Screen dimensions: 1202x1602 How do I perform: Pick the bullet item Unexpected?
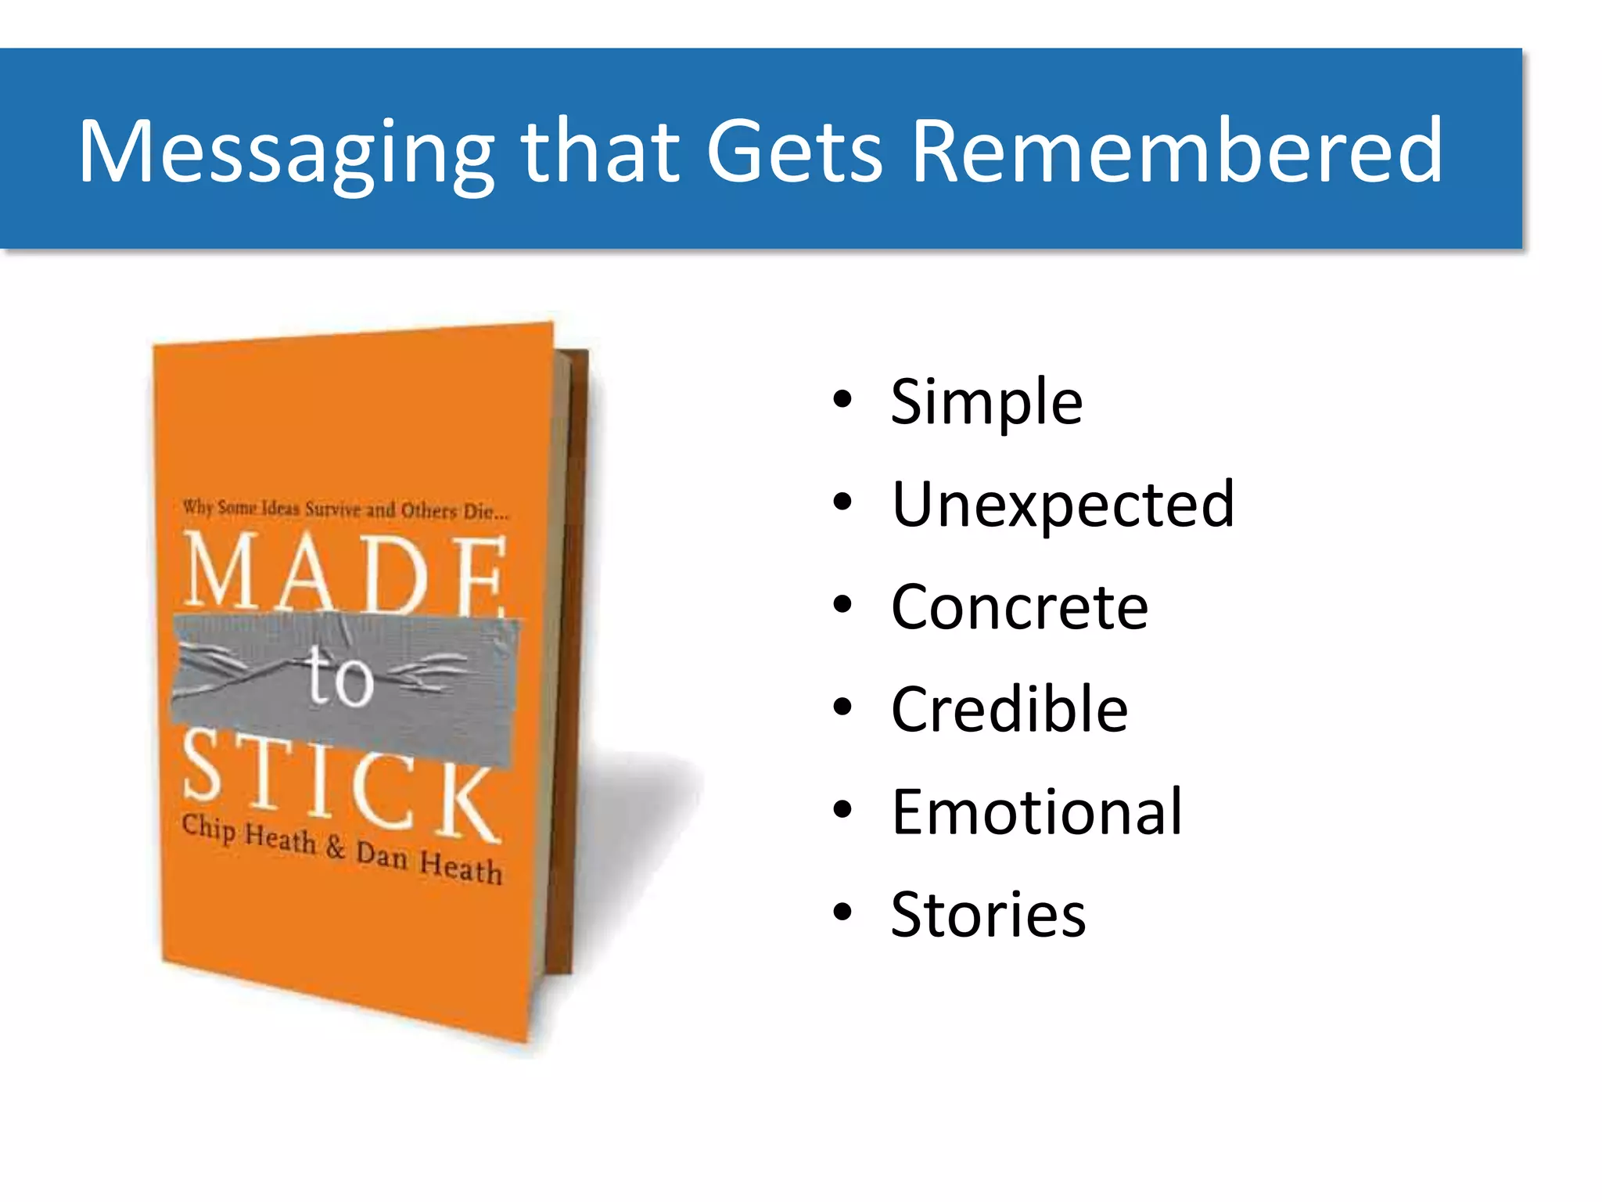coord(1062,505)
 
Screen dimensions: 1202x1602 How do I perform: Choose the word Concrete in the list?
coord(1019,607)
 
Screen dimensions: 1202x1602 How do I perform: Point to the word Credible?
coord(1009,710)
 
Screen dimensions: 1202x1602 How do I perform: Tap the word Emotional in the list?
coord(1036,812)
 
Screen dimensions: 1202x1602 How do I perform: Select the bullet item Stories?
coord(988,915)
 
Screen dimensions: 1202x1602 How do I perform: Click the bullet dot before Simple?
coord(842,400)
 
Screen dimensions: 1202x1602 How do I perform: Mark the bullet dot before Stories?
coord(842,912)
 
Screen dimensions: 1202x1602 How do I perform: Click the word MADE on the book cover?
coord(344,574)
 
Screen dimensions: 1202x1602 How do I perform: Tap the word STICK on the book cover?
coord(340,786)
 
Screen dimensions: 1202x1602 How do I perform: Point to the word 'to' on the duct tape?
coord(339,677)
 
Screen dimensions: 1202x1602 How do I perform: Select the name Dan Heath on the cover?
coord(429,862)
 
